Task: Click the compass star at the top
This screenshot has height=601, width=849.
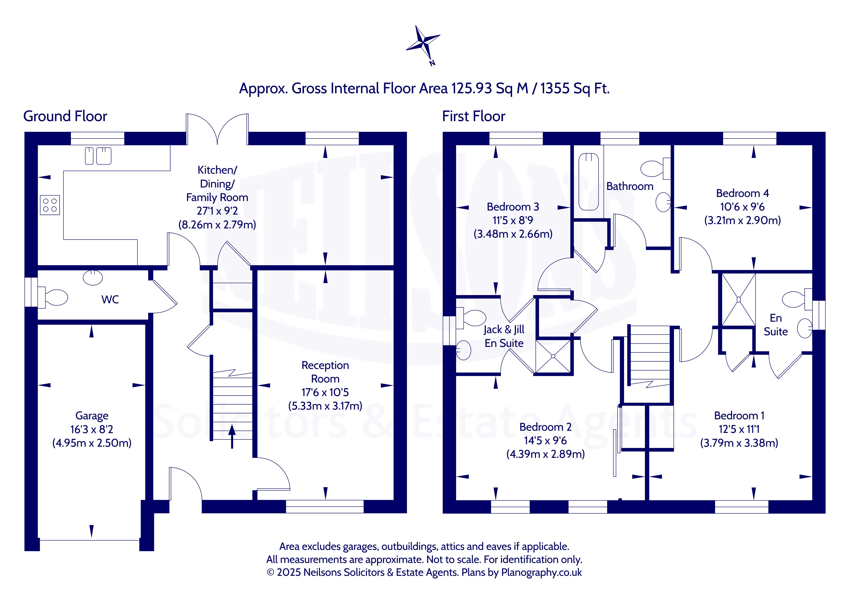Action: [423, 43]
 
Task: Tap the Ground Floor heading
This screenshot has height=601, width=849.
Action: [65, 116]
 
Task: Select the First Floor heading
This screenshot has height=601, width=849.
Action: [474, 116]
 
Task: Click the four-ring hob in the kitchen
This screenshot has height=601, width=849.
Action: [50, 205]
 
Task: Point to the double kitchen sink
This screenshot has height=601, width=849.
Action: [98, 156]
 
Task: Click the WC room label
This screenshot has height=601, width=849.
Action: [110, 299]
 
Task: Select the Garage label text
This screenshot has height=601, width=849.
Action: [92, 416]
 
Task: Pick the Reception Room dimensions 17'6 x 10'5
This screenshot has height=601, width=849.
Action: [325, 392]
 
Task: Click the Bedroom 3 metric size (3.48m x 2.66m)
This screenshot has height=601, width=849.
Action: [513, 234]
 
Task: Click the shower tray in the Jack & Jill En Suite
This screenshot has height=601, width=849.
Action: [553, 356]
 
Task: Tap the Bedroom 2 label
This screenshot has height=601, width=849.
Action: [545, 427]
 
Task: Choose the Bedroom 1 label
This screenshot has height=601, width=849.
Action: [739, 416]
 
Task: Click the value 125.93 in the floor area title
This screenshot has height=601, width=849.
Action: [471, 88]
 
